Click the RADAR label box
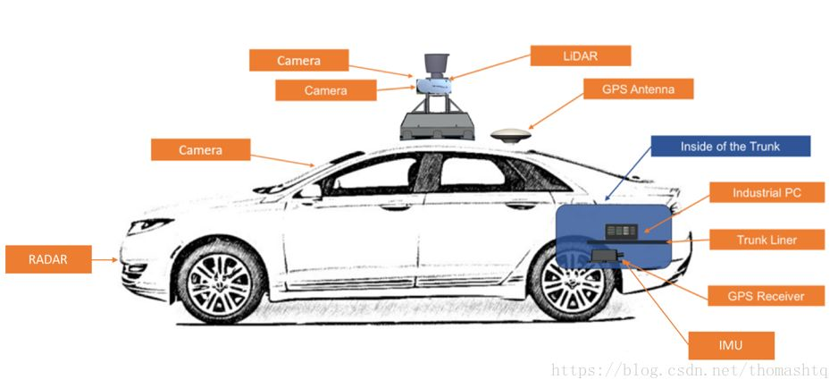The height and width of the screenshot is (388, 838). pyautogui.click(x=48, y=260)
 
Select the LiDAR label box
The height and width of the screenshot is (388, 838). pyautogui.click(x=580, y=55)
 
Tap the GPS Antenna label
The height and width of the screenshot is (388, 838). pyautogui.click(x=637, y=89)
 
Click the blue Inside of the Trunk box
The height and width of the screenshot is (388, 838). pyautogui.click(x=730, y=147)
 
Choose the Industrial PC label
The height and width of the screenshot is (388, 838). pyautogui.click(x=767, y=193)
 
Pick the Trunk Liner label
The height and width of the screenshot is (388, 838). pyautogui.click(x=767, y=239)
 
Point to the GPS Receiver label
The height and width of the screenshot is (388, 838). pyautogui.click(x=766, y=296)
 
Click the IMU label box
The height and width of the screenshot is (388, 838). pyautogui.click(x=731, y=344)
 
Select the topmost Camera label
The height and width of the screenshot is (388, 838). pyautogui.click(x=297, y=61)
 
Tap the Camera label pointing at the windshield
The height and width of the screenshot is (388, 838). pyautogui.click(x=200, y=149)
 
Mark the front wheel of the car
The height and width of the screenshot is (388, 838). pyautogui.click(x=218, y=283)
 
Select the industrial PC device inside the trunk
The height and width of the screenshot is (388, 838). pyautogui.click(x=622, y=231)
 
